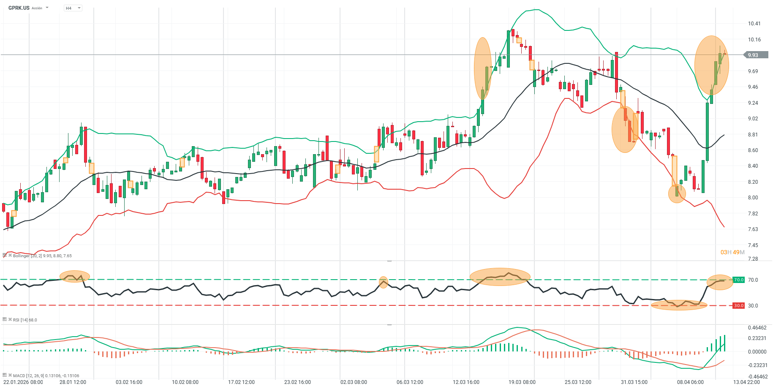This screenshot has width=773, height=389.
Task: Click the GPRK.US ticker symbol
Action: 19,8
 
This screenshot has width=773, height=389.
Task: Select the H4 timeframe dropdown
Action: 72,8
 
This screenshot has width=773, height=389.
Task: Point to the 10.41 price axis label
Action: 754,24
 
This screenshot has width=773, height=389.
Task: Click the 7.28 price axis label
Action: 753,258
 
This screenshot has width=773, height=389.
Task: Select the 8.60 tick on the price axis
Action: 753,150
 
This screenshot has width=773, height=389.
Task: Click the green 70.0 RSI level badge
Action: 738,280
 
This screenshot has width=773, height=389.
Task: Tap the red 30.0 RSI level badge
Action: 738,305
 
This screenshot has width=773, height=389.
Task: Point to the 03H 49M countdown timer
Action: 732,252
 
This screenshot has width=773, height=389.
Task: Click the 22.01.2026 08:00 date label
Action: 23,382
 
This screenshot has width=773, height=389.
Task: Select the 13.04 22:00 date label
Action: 746,382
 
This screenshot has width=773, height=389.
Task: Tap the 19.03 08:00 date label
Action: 522,382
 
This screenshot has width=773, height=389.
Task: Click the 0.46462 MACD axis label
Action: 757,328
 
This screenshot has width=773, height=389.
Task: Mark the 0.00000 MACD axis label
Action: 757,351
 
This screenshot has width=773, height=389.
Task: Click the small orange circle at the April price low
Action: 677,194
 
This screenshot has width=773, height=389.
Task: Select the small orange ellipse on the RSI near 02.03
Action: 383,282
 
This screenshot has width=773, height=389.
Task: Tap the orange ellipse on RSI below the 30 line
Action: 679,305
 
